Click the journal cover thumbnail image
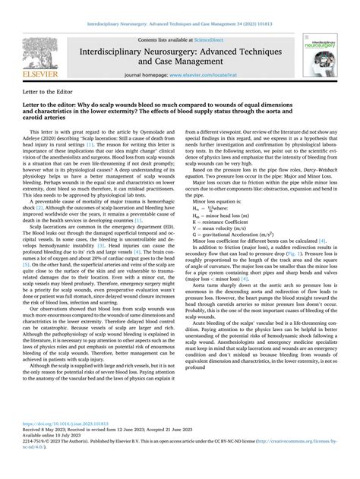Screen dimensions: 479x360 coord(320,55)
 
